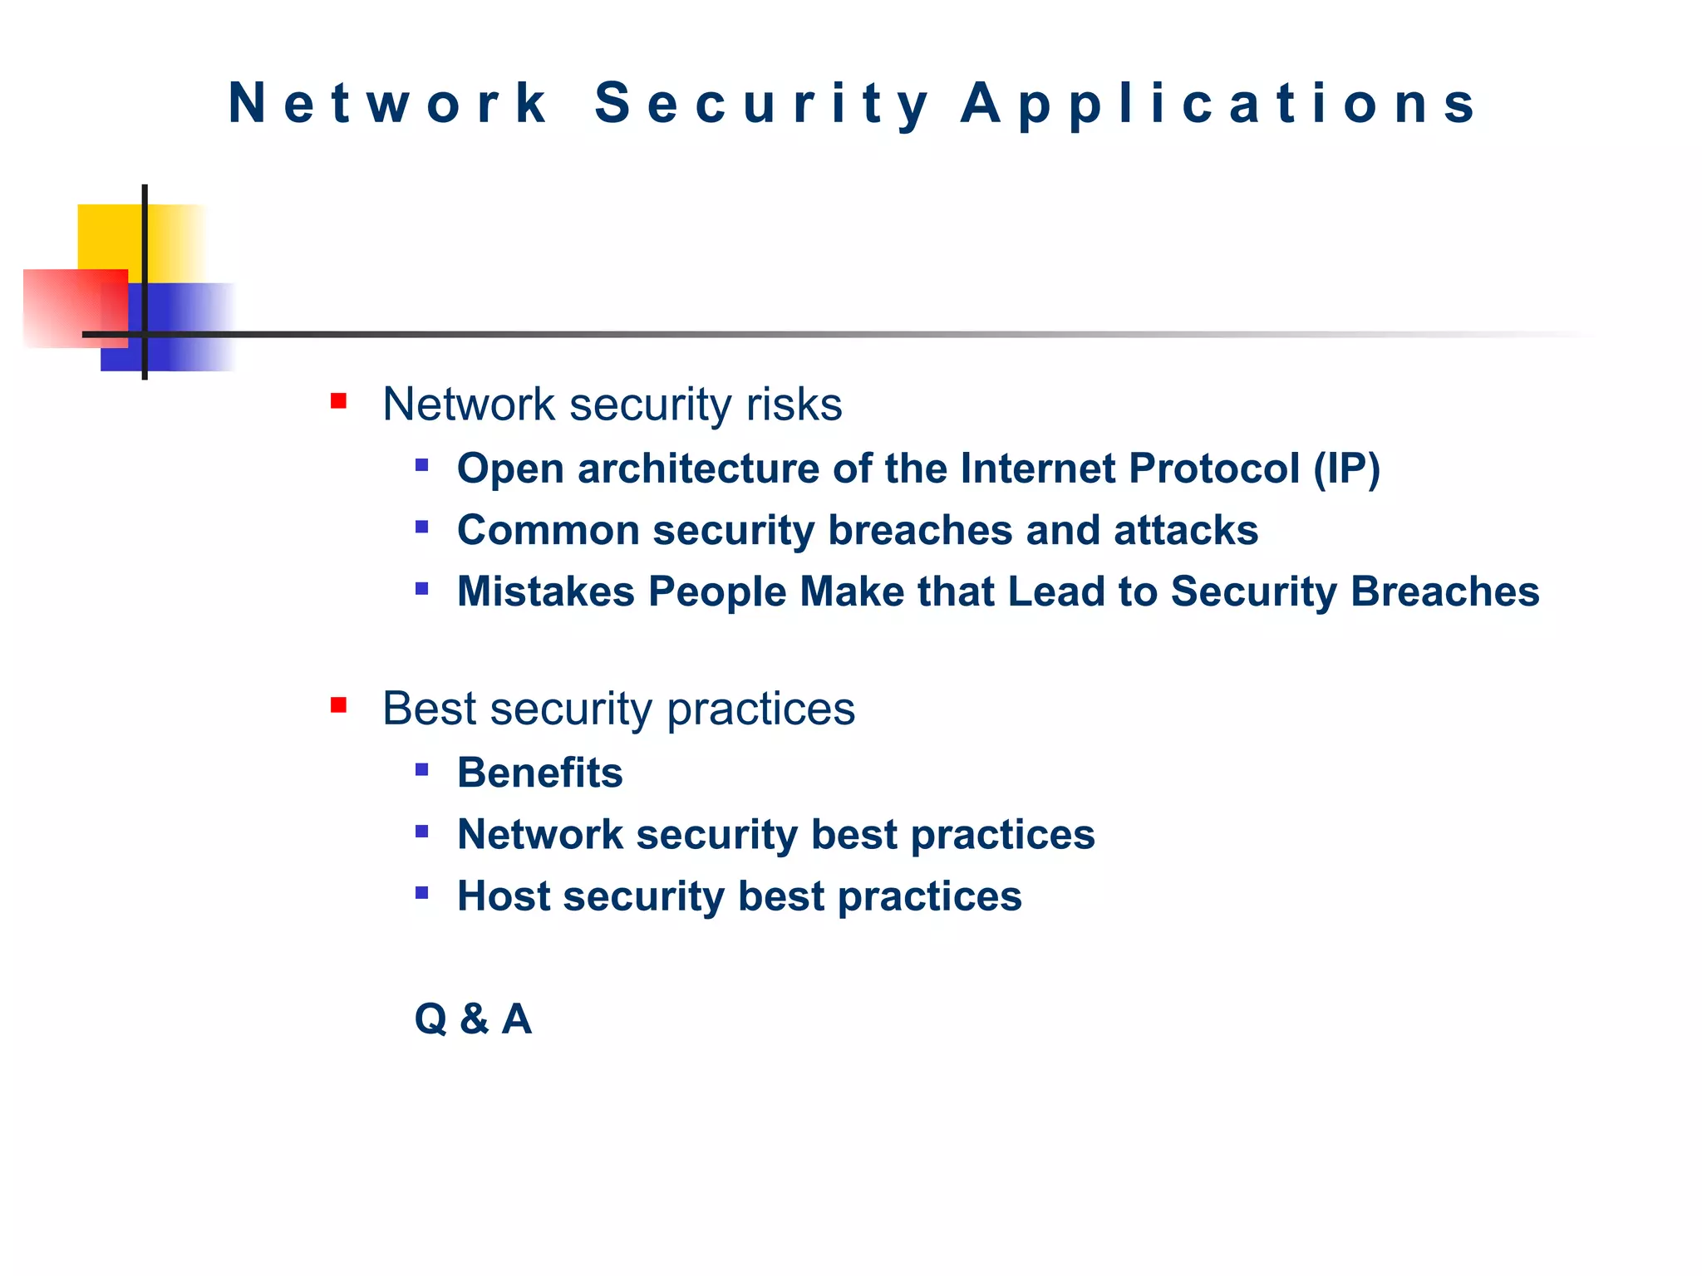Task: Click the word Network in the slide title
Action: [x=386, y=104]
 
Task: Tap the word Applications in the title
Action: [x=1218, y=104]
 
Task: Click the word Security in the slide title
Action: [x=762, y=104]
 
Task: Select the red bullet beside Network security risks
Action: [x=338, y=402]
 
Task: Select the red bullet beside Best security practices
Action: [x=338, y=706]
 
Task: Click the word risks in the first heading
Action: [x=794, y=405]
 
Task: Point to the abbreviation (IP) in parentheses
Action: [x=1346, y=469]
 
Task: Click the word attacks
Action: [x=1186, y=530]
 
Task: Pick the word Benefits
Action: [x=539, y=773]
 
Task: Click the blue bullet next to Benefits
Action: [x=422, y=770]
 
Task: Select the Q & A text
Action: [x=473, y=1018]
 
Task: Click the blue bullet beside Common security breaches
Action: [x=422, y=528]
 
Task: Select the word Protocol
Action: [x=1213, y=469]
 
